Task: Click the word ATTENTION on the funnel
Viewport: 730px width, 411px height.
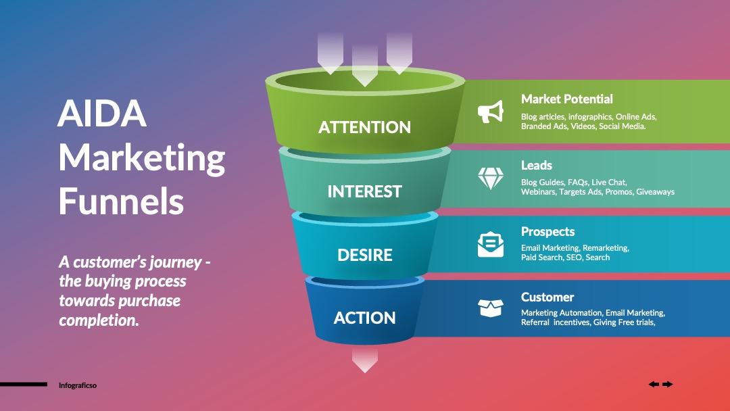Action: pos(364,127)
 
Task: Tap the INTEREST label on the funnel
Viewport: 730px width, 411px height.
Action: pos(364,191)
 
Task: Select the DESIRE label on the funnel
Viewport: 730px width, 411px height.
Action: pos(365,255)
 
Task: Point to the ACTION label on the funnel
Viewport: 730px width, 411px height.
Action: pos(364,318)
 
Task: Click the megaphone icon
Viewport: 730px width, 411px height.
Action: pos(491,112)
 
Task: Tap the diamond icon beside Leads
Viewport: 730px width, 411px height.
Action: pos(491,178)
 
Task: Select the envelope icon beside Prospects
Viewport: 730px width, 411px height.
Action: pos(491,244)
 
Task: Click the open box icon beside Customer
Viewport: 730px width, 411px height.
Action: pos(491,308)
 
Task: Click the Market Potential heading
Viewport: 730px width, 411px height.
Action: pos(566,99)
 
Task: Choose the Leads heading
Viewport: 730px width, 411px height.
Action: pos(536,165)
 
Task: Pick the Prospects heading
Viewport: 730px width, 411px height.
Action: pos(547,232)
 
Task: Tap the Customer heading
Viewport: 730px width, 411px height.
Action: pos(547,297)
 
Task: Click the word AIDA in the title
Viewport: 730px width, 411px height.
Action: pos(102,113)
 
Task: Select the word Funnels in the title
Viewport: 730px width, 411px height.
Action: pos(121,201)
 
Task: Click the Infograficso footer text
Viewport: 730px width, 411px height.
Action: pos(78,385)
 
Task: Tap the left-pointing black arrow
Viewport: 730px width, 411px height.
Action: pos(654,384)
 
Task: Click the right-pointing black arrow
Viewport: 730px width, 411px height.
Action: pos(668,384)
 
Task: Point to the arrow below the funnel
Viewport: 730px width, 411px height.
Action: pos(365,360)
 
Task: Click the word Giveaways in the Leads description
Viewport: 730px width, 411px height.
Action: pos(655,192)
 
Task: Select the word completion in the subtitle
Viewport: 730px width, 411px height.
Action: pos(99,320)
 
